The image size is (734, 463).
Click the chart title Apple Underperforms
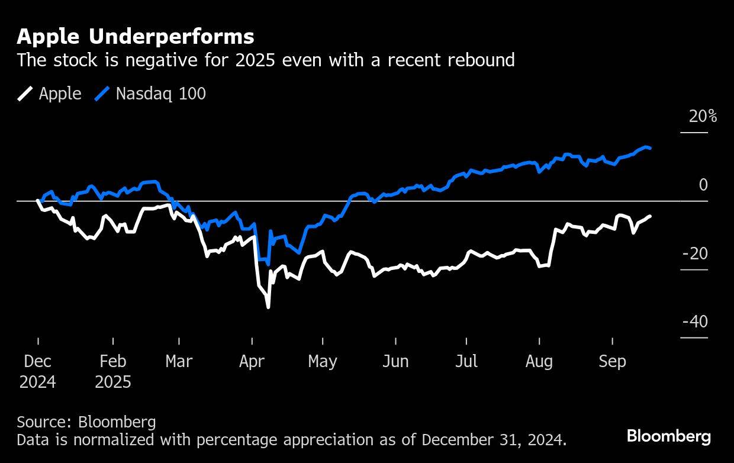click(136, 37)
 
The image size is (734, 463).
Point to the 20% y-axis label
click(703, 117)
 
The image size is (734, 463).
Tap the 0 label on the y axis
click(703, 185)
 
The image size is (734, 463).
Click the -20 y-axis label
click(695, 254)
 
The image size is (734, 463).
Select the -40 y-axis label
click(695, 322)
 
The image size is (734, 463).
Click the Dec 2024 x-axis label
click(38, 371)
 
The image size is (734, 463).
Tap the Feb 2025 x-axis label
click(112, 371)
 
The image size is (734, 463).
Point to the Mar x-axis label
click(179, 362)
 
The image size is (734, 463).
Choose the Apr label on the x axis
click(252, 362)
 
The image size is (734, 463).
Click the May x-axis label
click(323, 362)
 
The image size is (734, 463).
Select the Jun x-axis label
click(395, 362)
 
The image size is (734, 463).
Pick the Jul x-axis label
click(466, 362)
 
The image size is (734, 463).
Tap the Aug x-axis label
click(539, 362)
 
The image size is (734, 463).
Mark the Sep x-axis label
click(612, 362)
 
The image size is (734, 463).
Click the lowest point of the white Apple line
click(268, 307)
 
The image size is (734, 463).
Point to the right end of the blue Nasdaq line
click(651, 148)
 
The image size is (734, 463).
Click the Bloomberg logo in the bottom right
click(669, 437)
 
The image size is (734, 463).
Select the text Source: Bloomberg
click(86, 422)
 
